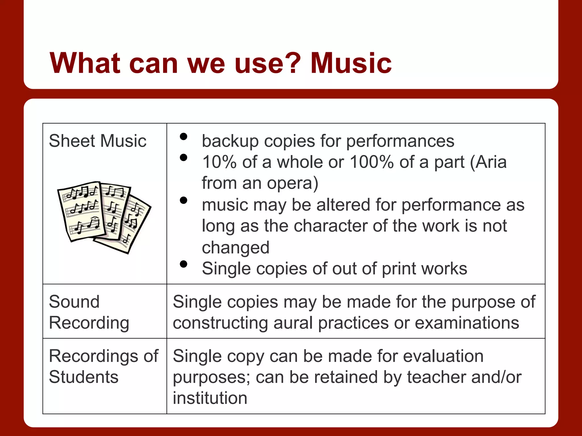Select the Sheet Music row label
click(x=97, y=141)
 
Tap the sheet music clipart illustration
click(x=104, y=217)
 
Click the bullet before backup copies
click(x=184, y=137)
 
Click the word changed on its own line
click(x=236, y=248)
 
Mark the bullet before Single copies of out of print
click(x=184, y=264)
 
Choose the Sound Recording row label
click(x=89, y=312)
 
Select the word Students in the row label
click(x=84, y=377)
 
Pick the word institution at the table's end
click(x=210, y=398)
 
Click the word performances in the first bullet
click(x=400, y=141)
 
